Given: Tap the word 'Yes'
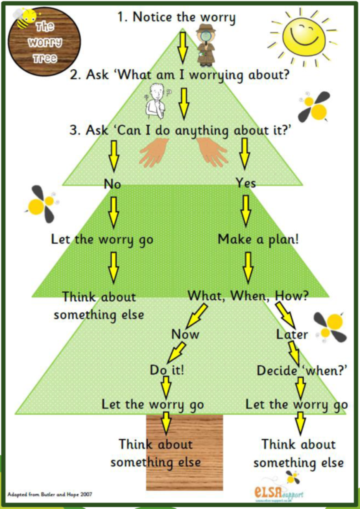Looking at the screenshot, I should pos(246,183).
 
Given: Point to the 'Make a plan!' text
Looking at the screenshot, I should pos(258,239).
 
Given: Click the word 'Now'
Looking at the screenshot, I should pos(185,334).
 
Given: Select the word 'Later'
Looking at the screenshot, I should pos(292,334).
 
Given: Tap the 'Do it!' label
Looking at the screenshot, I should pos(167,370).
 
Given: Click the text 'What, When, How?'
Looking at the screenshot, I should pos(248,296).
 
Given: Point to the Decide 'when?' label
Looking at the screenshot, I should pos(302,370).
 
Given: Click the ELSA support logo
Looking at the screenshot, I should pos(279,492).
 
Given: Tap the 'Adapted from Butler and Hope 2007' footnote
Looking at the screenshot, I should pos(50,494).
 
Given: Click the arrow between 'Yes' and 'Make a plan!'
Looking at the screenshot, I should pos(246,210).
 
